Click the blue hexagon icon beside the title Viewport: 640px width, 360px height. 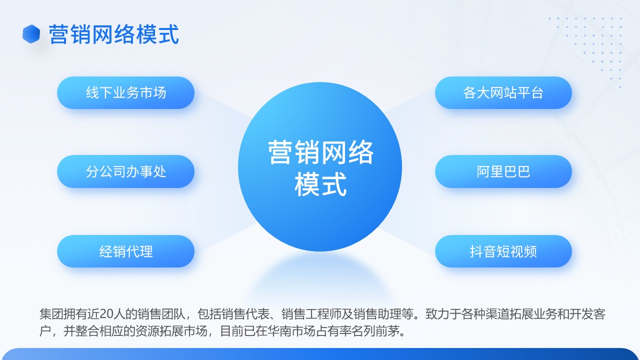(31, 34)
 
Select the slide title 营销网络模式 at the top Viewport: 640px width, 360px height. (113, 34)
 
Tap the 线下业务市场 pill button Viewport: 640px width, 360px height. (125, 92)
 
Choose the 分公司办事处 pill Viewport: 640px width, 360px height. (125, 171)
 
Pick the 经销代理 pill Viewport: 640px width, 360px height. (125, 251)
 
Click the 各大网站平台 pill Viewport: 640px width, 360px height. (503, 92)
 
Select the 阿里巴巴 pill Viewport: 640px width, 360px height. (503, 171)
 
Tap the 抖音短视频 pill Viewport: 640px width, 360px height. (503, 251)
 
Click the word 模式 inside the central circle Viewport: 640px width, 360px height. (320, 184)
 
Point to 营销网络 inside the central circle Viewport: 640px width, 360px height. (320, 152)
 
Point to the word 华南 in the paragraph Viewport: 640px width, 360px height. (279, 331)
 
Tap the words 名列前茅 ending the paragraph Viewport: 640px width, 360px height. (375, 331)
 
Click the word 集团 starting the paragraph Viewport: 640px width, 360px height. (51, 313)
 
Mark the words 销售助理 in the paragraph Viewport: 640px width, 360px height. (377, 313)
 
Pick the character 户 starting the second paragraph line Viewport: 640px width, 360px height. (45, 331)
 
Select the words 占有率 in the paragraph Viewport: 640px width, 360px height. (333, 331)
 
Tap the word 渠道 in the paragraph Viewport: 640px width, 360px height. (497, 313)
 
